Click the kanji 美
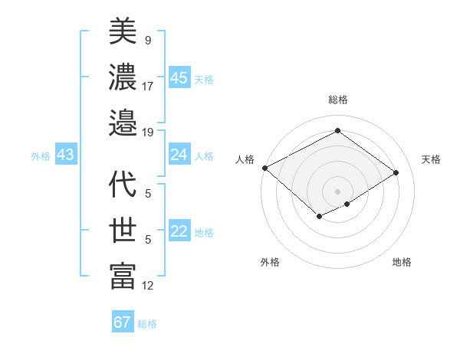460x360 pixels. point(123,31)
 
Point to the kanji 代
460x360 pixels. point(123,185)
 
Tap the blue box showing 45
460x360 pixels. point(179,78)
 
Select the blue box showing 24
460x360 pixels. point(179,155)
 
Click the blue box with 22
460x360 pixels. point(179,232)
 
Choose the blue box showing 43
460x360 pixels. point(65,155)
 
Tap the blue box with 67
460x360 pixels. point(122,322)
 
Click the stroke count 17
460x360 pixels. point(148,86)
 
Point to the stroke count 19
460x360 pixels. point(148,132)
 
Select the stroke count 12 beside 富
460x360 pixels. point(148,286)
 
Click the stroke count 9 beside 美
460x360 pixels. point(148,38)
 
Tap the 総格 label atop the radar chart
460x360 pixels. point(337,100)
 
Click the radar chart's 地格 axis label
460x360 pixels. point(402,262)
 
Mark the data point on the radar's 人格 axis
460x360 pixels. point(264,167)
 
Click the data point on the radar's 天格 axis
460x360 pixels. point(396,172)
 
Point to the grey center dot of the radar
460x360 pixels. point(337,191)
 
